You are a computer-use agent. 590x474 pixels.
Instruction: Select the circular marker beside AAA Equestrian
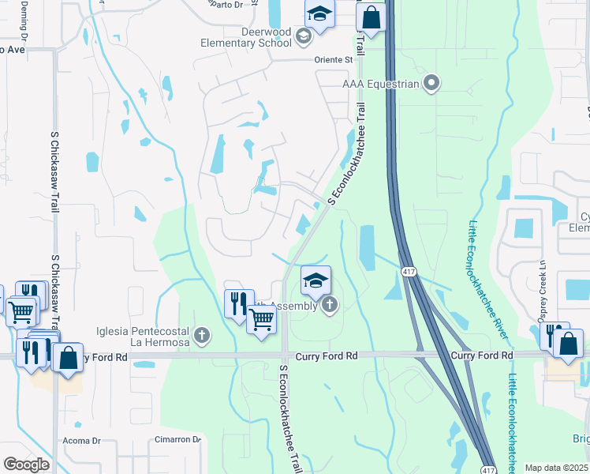click(x=431, y=82)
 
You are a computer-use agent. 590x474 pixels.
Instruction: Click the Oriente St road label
click(x=334, y=59)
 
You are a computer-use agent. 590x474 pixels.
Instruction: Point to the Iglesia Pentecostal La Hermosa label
click(x=142, y=337)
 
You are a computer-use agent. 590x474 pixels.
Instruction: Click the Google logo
click(x=26, y=465)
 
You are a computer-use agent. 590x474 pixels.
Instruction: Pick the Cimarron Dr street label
click(x=177, y=440)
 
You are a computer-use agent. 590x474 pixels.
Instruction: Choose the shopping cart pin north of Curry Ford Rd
click(x=261, y=320)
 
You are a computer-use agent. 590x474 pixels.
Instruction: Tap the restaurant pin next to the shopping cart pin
click(x=238, y=303)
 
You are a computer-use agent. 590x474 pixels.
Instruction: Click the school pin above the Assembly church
click(x=316, y=280)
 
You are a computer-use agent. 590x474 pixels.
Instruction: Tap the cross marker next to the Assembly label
click(x=329, y=305)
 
